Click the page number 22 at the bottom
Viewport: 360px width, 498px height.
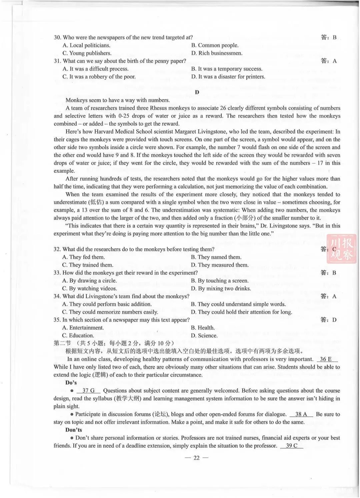(x=196, y=458)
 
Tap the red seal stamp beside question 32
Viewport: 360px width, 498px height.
(x=341, y=249)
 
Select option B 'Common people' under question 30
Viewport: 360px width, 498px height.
(x=215, y=45)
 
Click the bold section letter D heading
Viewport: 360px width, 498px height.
(x=197, y=92)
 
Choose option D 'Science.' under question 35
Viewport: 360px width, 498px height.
(x=204, y=336)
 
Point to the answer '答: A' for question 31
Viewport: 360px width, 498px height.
(x=329, y=61)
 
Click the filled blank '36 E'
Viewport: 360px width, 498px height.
(x=326, y=359)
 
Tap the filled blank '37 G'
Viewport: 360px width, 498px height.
(x=88, y=391)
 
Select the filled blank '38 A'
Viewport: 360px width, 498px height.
(x=301, y=414)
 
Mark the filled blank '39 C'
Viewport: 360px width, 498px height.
(x=292, y=446)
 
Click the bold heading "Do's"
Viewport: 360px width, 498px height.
(x=71, y=383)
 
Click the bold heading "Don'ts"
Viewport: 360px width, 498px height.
(x=73, y=430)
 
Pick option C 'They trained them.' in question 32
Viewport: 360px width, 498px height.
(x=88, y=265)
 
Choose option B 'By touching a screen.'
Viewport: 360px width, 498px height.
(x=220, y=281)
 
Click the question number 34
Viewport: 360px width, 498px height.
(x=57, y=296)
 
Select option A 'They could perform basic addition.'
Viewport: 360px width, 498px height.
(x=107, y=304)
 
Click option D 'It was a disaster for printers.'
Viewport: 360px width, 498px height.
(x=228, y=77)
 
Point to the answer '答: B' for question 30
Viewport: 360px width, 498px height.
(x=329, y=37)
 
